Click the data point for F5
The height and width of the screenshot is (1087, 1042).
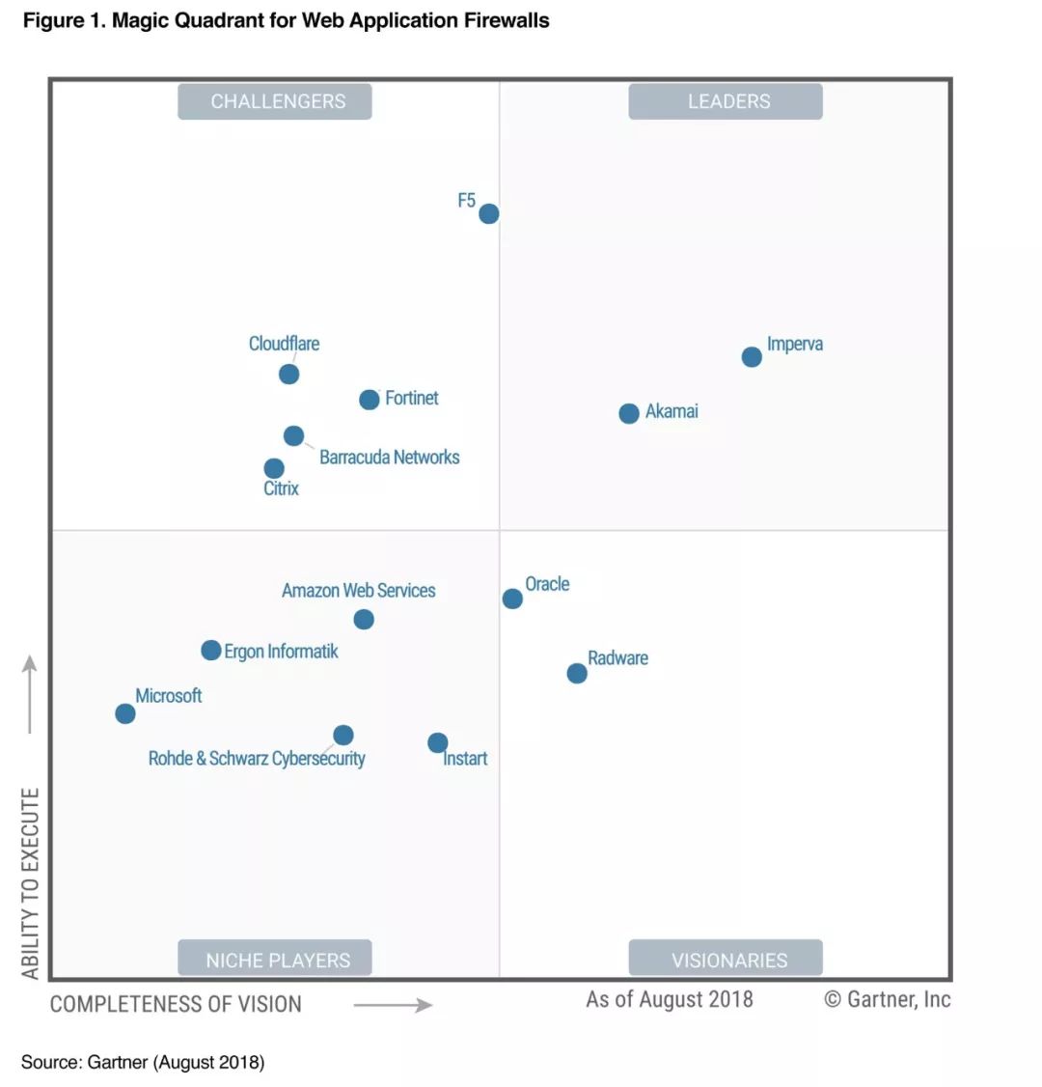point(489,213)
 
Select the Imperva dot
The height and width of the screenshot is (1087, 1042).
point(752,357)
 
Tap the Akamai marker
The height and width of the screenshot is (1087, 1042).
point(629,413)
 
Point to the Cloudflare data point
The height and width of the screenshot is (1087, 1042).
point(288,374)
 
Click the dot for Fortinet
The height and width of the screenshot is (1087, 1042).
point(370,400)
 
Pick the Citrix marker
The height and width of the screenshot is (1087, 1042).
point(274,468)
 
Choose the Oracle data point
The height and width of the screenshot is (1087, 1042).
point(512,599)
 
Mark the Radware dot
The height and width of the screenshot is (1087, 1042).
point(577,673)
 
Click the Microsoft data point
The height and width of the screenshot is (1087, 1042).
point(125,713)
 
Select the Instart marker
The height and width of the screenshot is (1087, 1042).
point(438,742)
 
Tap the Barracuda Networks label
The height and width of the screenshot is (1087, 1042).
point(389,458)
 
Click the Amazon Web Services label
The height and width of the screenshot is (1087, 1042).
point(358,591)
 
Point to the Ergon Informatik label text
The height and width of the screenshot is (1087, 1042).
point(281,652)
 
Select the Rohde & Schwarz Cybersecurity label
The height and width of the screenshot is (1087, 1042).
point(257,759)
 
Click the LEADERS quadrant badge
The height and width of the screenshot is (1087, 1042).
point(726,101)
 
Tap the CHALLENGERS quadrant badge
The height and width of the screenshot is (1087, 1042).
point(275,101)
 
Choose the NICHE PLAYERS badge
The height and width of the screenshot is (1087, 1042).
point(275,960)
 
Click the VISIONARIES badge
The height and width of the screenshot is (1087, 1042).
point(726,960)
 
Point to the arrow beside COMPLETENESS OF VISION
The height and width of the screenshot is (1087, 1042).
point(393,1006)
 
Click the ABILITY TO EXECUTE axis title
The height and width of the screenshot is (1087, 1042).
point(31,883)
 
